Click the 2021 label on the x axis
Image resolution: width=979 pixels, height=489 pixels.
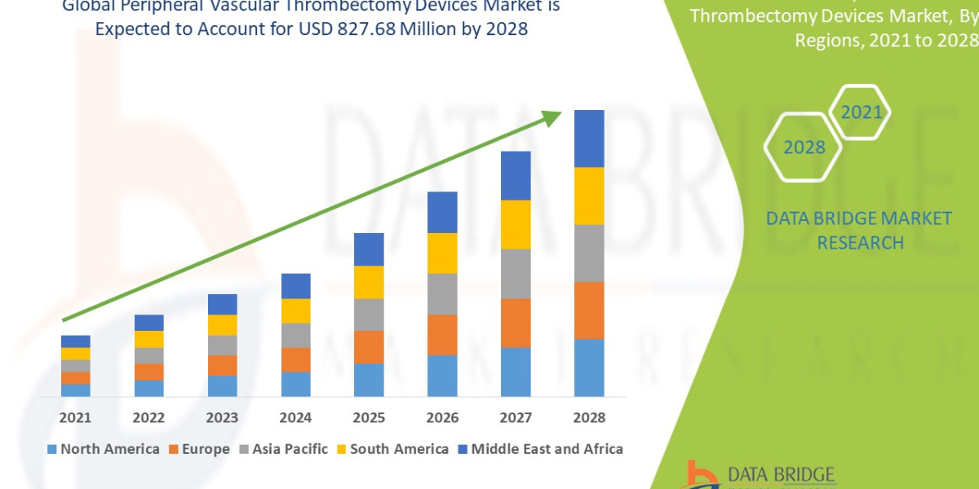tap(76, 417)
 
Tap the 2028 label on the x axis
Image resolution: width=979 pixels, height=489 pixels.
tap(589, 417)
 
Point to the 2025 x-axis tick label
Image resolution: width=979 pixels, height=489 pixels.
tap(369, 417)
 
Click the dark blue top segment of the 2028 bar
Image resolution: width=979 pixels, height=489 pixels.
tap(589, 139)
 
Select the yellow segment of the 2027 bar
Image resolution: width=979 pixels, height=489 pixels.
tap(516, 224)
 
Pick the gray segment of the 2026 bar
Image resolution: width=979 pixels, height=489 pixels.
tap(442, 293)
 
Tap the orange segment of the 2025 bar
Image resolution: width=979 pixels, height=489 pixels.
tap(369, 346)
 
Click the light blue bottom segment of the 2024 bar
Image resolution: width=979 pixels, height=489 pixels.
tap(295, 384)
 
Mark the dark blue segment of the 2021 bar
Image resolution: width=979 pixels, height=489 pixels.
tap(76, 341)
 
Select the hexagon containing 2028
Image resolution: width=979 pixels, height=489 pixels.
tap(804, 148)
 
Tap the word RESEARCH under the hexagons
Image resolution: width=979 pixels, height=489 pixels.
tap(860, 242)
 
